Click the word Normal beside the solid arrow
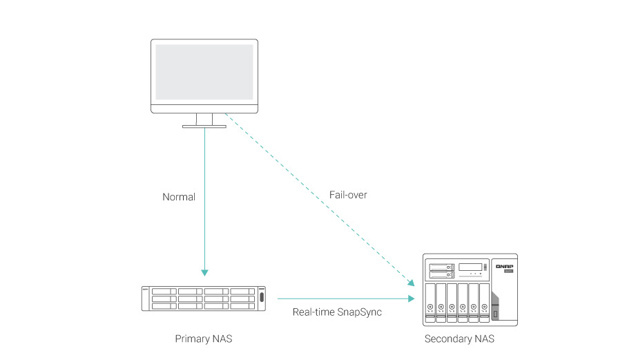179,197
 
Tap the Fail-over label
348,195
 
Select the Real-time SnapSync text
337,312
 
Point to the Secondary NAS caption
459,339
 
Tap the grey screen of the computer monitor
204,72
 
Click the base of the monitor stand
204,126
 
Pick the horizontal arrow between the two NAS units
345,299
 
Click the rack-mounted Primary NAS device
203,299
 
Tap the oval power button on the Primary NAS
262,299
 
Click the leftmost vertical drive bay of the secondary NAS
432,303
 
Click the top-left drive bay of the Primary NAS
163,292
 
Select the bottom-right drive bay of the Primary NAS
242,305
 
